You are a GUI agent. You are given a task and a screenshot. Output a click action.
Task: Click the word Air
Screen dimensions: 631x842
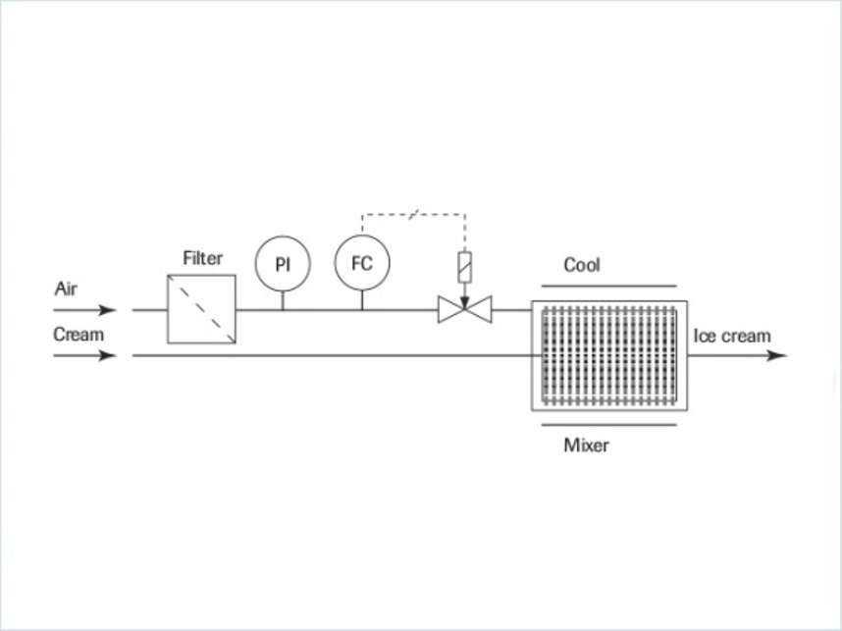tap(65, 290)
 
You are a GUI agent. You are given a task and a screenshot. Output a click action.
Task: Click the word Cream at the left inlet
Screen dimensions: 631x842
tap(79, 335)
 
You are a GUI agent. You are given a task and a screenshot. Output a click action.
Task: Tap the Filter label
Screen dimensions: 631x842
tap(203, 259)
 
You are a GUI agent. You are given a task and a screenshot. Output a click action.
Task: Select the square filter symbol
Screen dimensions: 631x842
tap(201, 309)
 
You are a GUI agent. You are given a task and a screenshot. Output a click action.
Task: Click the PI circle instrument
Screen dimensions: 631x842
tap(282, 265)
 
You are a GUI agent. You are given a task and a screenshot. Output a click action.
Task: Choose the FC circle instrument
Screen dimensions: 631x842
tap(362, 264)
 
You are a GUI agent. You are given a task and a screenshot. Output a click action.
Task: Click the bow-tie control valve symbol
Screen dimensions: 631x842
tap(464, 311)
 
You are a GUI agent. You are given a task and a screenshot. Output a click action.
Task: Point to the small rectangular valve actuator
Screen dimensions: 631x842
tap(464, 264)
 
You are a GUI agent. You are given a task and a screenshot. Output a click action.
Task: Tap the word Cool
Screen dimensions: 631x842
tap(582, 265)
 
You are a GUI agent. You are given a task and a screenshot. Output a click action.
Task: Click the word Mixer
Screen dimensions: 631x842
tap(586, 446)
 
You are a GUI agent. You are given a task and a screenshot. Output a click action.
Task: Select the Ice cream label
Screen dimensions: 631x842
tap(732, 336)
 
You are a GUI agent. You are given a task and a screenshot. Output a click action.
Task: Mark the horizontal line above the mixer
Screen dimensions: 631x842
tap(608, 286)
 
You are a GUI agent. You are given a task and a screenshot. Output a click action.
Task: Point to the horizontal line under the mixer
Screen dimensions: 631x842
tap(608, 425)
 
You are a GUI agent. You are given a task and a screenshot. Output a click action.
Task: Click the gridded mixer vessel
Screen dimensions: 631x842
tap(608, 355)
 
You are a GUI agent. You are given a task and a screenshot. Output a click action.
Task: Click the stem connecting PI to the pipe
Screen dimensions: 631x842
tap(282, 300)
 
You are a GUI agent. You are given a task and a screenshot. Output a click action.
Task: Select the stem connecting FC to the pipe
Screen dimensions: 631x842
tap(362, 300)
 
